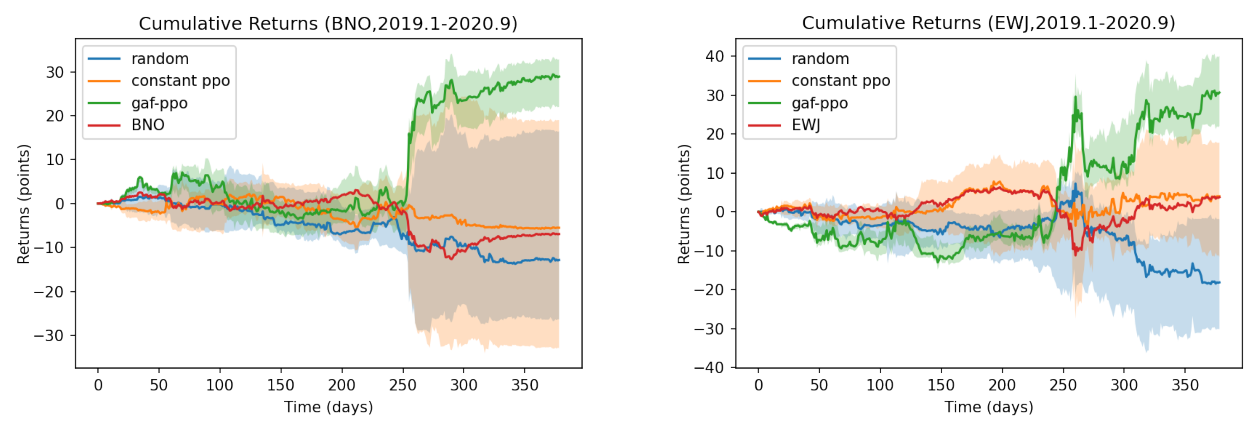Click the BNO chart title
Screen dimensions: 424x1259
click(328, 24)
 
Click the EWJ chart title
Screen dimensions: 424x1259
click(988, 23)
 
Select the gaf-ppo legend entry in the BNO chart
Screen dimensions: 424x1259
click(159, 103)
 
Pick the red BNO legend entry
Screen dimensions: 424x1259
click(148, 125)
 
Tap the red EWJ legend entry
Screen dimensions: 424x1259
click(805, 125)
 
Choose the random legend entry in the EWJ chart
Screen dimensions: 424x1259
click(820, 59)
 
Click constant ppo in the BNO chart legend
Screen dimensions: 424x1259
click(180, 81)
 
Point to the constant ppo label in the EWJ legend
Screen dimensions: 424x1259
click(841, 81)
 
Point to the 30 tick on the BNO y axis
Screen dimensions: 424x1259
click(55, 72)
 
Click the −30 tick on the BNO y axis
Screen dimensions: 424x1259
click(49, 335)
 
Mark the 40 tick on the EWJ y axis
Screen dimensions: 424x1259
click(715, 56)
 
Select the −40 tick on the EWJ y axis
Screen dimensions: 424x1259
click(709, 367)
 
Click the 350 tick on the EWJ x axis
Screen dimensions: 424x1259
click(1185, 385)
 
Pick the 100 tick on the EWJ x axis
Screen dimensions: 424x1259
click(880, 385)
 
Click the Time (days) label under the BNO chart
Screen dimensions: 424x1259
click(328, 407)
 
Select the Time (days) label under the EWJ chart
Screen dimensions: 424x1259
click(989, 407)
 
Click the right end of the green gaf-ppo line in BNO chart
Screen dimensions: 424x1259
click(559, 77)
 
